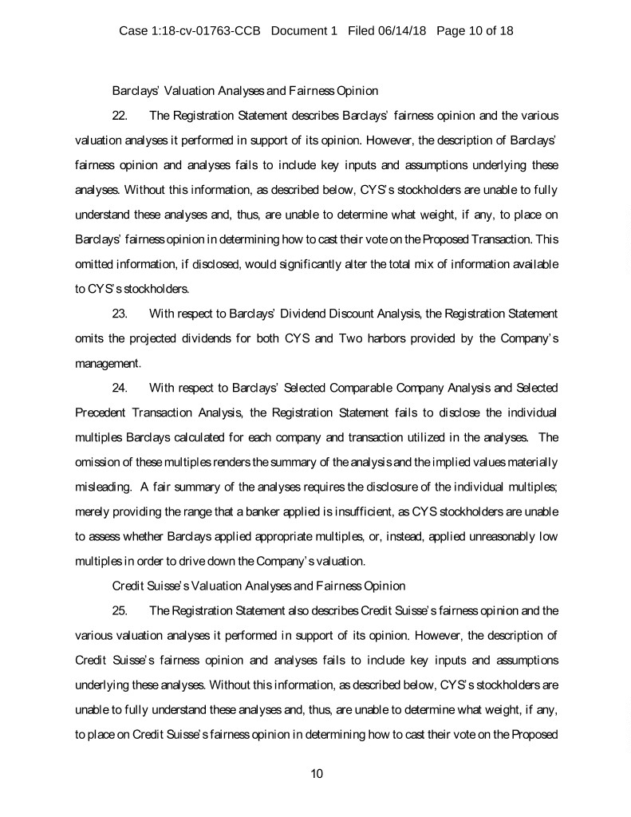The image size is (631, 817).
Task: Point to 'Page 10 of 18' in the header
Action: (x=475, y=31)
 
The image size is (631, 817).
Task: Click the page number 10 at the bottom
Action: (x=316, y=772)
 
